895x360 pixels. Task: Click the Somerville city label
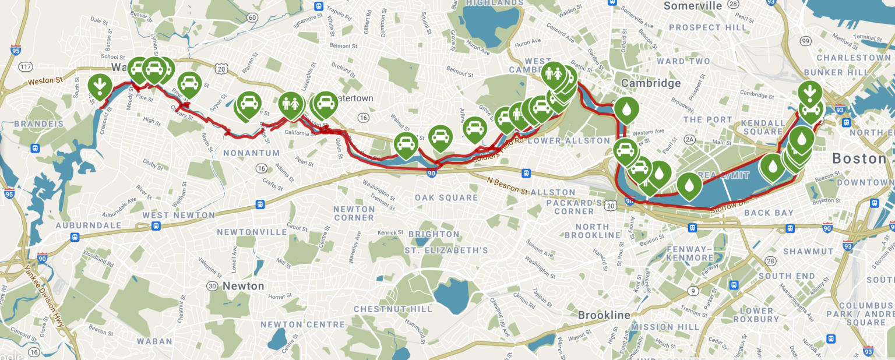692,6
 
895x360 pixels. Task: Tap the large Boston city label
858,158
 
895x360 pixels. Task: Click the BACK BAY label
769,213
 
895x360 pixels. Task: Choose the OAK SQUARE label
446,197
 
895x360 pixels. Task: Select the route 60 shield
252,17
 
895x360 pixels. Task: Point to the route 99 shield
806,41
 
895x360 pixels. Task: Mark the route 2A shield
690,140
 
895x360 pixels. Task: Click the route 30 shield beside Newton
212,286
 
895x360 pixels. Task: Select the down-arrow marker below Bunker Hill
809,92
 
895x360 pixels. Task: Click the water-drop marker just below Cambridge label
626,110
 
